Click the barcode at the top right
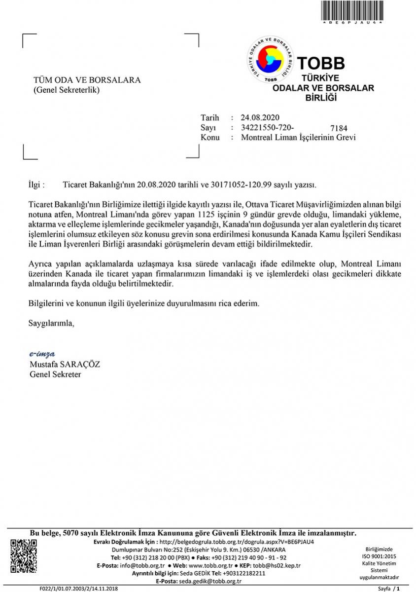(352, 10)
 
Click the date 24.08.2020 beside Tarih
(260, 117)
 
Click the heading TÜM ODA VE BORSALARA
(87, 80)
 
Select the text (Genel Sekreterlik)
(67, 90)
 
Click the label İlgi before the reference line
(37, 185)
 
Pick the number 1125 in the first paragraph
(206, 215)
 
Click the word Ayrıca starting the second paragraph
(41, 264)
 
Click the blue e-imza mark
(42, 354)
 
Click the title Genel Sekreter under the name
(55, 374)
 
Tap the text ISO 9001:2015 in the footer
(379, 556)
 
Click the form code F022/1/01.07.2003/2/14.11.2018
(79, 589)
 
